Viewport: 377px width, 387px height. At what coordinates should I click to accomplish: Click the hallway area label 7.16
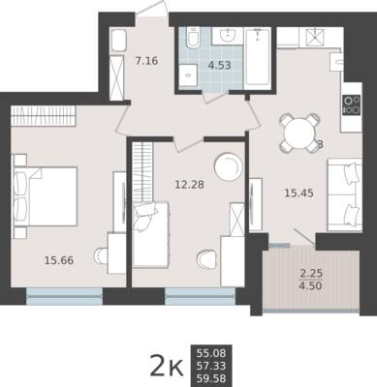147,61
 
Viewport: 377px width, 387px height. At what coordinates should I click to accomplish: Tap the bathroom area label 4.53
220,65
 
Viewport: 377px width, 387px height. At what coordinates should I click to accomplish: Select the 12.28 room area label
189,185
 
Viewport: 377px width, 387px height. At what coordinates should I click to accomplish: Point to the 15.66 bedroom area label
59,260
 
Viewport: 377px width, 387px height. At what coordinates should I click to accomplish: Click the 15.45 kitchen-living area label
298,193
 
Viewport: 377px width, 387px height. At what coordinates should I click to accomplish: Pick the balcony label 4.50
311,285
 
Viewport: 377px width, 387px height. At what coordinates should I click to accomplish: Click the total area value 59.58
211,378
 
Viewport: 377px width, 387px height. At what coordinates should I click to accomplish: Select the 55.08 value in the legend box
211,353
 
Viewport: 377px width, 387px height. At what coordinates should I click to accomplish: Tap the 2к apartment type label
167,366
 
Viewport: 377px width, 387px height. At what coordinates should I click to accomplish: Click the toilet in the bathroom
194,39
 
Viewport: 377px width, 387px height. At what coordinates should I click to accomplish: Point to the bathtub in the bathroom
257,56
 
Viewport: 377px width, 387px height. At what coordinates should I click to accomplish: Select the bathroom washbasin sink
228,35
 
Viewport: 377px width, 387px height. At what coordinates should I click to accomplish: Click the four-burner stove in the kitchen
352,104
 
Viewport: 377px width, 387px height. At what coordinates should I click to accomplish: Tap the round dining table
299,133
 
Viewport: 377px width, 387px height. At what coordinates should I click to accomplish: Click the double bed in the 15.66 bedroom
46,196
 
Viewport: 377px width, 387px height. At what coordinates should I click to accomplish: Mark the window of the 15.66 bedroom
64,296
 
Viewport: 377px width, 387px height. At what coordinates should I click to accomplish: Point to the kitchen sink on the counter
336,62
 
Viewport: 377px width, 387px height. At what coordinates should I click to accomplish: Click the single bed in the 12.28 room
151,234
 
